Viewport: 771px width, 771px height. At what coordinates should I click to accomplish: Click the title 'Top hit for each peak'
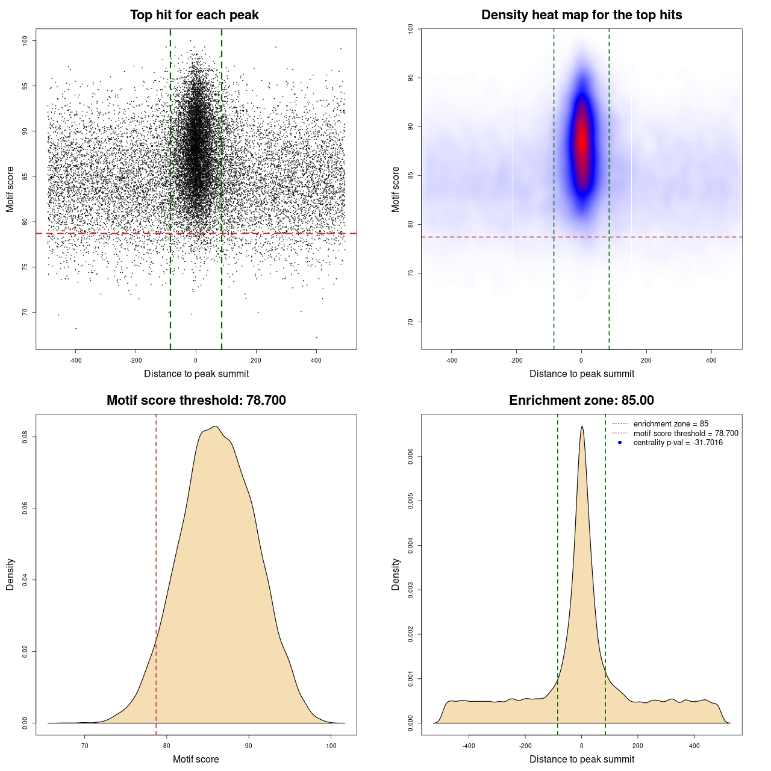click(x=194, y=15)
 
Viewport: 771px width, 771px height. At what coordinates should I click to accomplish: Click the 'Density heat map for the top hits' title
click(x=581, y=15)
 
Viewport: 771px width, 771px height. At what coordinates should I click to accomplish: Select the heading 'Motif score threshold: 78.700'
click(x=196, y=401)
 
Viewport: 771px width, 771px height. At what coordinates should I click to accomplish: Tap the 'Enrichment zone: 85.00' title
click(x=581, y=401)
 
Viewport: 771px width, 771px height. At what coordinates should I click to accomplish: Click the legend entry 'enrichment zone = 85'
click(x=670, y=424)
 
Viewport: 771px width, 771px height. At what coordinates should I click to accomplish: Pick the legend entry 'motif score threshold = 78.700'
click(x=685, y=433)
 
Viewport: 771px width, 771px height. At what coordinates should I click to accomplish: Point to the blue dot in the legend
click(x=620, y=443)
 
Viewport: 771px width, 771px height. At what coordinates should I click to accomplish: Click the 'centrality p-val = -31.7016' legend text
click(x=678, y=443)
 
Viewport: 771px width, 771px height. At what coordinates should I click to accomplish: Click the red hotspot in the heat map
click(x=582, y=142)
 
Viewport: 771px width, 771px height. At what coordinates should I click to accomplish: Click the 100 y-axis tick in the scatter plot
click(x=25, y=40)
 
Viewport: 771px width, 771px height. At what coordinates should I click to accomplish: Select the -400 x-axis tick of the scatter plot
click(x=75, y=360)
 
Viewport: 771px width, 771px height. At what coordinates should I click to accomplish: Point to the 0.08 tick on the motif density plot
click(x=25, y=437)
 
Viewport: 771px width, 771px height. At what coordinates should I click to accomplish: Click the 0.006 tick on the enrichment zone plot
click(x=410, y=457)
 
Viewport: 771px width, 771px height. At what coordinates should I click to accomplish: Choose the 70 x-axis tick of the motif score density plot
click(x=85, y=746)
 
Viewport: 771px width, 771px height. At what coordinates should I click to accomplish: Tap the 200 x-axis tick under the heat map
click(x=646, y=360)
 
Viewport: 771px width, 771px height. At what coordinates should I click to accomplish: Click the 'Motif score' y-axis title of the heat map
click(x=396, y=189)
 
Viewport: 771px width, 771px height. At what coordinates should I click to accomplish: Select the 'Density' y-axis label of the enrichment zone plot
click(x=396, y=574)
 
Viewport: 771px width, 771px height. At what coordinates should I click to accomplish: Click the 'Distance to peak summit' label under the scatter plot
click(x=196, y=374)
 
